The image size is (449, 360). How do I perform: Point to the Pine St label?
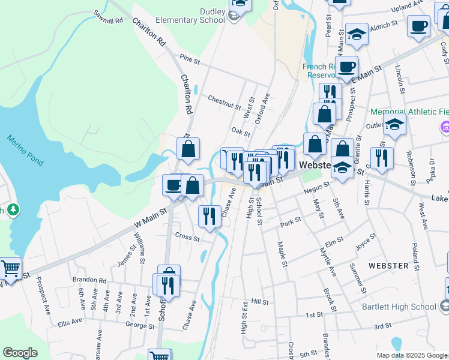click(x=189, y=58)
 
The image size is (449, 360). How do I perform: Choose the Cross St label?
click(x=187, y=237)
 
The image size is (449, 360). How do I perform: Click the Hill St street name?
click(x=260, y=302)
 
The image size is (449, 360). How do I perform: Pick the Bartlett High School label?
click(x=399, y=307)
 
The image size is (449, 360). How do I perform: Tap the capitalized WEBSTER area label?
click(x=388, y=265)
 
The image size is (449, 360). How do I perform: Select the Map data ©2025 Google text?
click(x=411, y=355)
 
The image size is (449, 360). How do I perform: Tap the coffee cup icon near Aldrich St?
click(x=418, y=27)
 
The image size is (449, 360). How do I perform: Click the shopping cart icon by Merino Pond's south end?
click(x=10, y=268)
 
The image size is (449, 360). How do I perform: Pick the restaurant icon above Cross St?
click(x=209, y=216)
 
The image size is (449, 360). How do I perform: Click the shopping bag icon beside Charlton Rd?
click(x=188, y=150)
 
